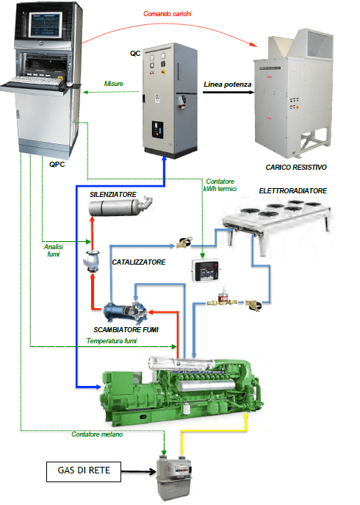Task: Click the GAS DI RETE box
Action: pyautogui.click(x=84, y=471)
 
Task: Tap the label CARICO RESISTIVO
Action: pyautogui.click(x=296, y=167)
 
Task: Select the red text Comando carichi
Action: pyautogui.click(x=168, y=14)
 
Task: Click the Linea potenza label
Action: pyautogui.click(x=227, y=85)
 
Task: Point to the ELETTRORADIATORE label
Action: pyautogui.click(x=292, y=191)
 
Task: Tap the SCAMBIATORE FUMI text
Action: pyautogui.click(x=126, y=330)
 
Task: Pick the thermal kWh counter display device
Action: pyautogui.click(x=206, y=270)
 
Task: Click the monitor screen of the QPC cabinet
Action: pyautogui.click(x=45, y=25)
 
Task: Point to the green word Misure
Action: pyautogui.click(x=114, y=84)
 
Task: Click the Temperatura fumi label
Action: pyautogui.click(x=112, y=341)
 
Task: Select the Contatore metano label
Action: pyautogui.click(x=97, y=434)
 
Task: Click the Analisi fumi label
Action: pyautogui.click(x=54, y=250)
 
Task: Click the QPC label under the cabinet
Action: pyautogui.click(x=57, y=164)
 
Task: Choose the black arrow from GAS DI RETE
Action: pyautogui.click(x=139, y=472)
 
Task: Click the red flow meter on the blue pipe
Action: pyautogui.click(x=222, y=298)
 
